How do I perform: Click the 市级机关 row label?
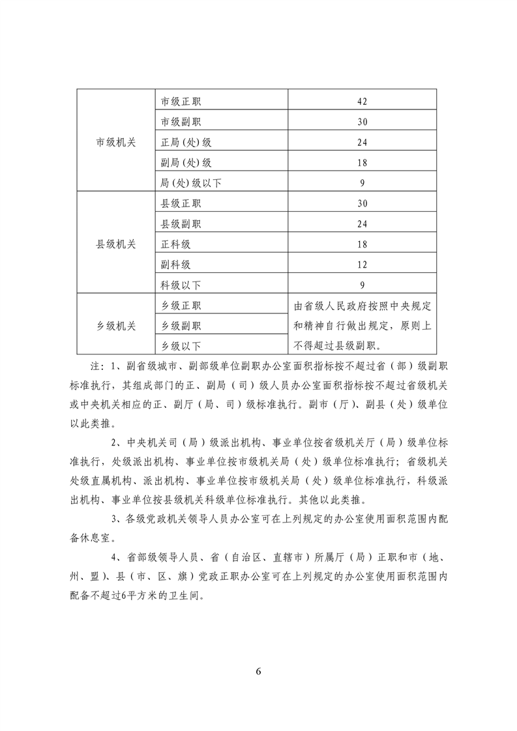(x=116, y=142)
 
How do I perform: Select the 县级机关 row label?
(x=116, y=244)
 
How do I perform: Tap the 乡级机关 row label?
(x=116, y=326)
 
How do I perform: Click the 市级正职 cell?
(x=181, y=101)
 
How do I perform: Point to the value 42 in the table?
(x=363, y=101)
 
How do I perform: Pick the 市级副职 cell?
(x=181, y=122)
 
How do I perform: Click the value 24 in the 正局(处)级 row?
(x=363, y=142)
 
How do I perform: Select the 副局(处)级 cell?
(x=186, y=163)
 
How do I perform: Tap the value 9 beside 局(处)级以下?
(x=362, y=183)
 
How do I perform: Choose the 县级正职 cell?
(x=181, y=203)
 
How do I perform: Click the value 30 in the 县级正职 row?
(x=363, y=203)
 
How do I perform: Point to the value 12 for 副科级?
(x=363, y=265)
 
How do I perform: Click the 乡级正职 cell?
(x=181, y=306)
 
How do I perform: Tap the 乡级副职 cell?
(x=181, y=326)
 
